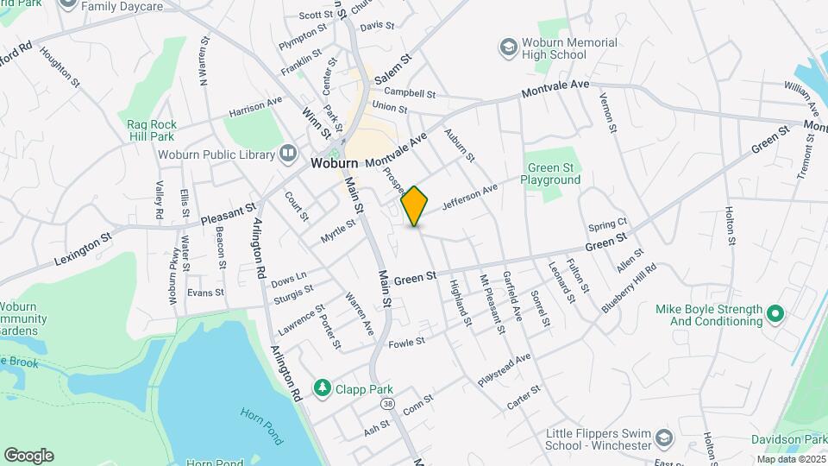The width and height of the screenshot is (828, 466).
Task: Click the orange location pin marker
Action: [x=414, y=206]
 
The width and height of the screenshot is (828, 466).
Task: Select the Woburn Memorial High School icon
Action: [x=509, y=44]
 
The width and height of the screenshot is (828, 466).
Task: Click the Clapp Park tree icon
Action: [x=323, y=389]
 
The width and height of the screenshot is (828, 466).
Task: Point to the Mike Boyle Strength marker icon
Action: [x=774, y=315]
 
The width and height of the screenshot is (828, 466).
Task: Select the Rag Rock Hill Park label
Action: [x=151, y=130]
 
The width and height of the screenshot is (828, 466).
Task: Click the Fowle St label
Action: [x=408, y=343]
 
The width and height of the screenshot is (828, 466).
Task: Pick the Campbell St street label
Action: [x=410, y=92]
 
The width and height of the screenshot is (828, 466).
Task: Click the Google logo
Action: [x=28, y=456]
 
